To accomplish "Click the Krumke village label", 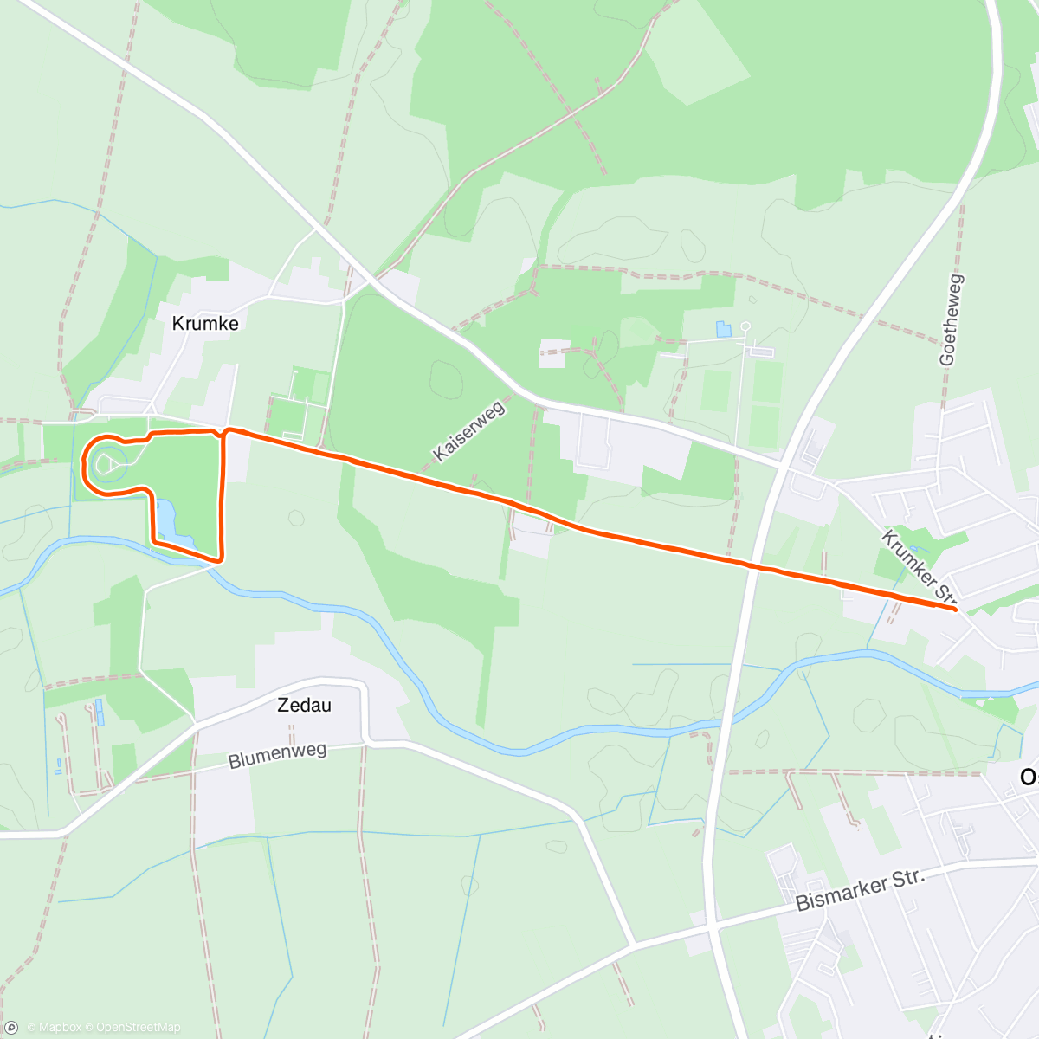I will pyautogui.click(x=205, y=323).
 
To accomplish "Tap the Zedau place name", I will pyautogui.click(x=304, y=705).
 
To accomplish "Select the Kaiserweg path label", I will pyautogui.click(x=468, y=430).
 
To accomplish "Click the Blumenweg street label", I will pyautogui.click(x=277, y=755).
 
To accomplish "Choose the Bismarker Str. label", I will pyautogui.click(x=860, y=889).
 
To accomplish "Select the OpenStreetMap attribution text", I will pyautogui.click(x=138, y=1028).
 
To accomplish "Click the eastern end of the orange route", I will pyautogui.click(x=955, y=610).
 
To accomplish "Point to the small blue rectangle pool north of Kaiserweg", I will pyautogui.click(x=723, y=329).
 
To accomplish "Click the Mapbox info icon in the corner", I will pyautogui.click(x=10, y=1028).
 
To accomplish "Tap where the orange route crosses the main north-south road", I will pyautogui.click(x=753, y=567).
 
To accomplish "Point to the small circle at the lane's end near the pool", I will pyautogui.click(x=745, y=326).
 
